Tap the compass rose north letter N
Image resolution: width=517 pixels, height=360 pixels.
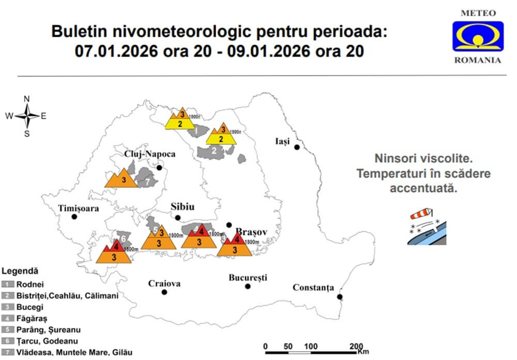(27, 99)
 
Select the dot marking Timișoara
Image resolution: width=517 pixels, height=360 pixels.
(74, 217)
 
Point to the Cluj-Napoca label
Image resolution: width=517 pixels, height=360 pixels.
(149, 154)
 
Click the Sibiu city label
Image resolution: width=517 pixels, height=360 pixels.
(183, 207)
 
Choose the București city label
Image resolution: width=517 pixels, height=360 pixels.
(248, 278)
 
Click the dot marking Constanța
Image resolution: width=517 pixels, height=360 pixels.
(340, 297)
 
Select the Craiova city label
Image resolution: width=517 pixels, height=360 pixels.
(164, 283)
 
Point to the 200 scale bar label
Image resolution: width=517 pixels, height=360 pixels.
(356, 346)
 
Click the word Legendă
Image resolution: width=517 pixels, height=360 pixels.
(20, 271)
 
